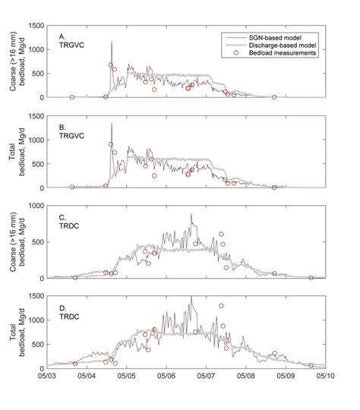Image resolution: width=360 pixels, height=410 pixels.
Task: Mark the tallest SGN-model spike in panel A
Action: click(x=112, y=42)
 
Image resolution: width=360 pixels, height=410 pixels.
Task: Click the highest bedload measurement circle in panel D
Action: click(x=222, y=306)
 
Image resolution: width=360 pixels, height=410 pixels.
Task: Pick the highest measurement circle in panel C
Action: click(x=222, y=235)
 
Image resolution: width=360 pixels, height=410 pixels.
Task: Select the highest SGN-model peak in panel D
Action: click(x=191, y=297)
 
